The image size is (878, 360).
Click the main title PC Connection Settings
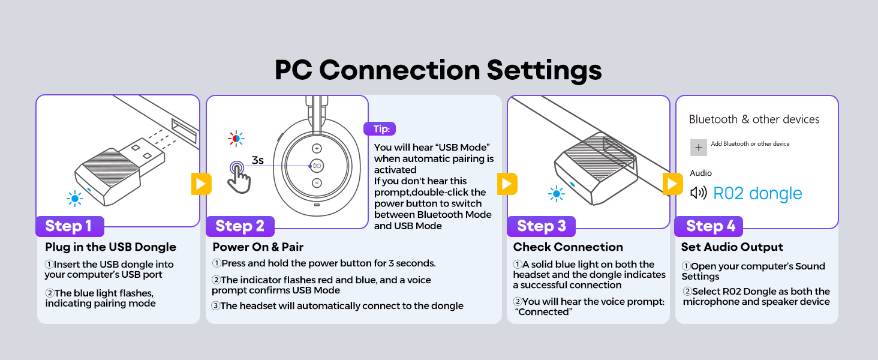[x=438, y=70]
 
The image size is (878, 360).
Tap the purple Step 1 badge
[x=69, y=226]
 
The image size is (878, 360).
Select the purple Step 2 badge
[x=240, y=226]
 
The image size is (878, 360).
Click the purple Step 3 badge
[x=541, y=226]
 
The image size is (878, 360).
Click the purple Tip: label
[x=380, y=129]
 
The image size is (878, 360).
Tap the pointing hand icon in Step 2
[x=240, y=177]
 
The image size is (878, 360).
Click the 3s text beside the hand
[x=257, y=160]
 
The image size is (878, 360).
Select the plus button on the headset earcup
[x=317, y=148]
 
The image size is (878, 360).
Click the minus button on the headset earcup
[x=317, y=182]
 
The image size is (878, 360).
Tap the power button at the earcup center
[x=317, y=166]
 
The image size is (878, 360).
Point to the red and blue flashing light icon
[x=236, y=138]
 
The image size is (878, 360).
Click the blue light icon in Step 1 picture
[x=75, y=198]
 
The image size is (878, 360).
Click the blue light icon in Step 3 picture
[x=556, y=194]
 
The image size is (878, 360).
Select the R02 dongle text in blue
[x=757, y=193]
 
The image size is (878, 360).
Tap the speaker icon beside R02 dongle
[x=699, y=193]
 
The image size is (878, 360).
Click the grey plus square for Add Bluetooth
[x=698, y=147]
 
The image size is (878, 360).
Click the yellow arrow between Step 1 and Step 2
[x=201, y=184]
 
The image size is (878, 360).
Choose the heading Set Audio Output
[x=732, y=247]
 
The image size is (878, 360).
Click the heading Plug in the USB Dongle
[x=111, y=247]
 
